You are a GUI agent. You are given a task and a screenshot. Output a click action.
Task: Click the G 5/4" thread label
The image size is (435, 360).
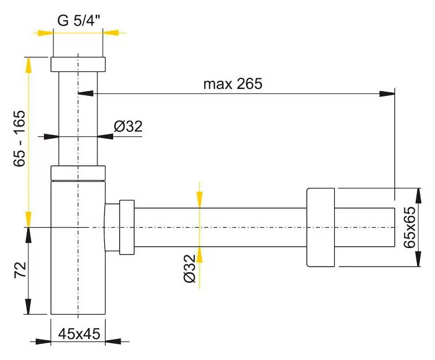pos(79,20)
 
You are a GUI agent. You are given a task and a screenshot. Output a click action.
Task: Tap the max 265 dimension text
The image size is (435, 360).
pos(233,84)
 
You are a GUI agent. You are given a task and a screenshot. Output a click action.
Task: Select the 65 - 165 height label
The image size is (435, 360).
pos(19,139)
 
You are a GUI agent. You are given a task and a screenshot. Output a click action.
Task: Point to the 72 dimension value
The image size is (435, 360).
pos(20,270)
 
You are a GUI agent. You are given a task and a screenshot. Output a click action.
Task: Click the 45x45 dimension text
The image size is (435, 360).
pos(79,334)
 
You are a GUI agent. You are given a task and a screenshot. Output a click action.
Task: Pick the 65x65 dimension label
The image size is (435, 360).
pos(409,227)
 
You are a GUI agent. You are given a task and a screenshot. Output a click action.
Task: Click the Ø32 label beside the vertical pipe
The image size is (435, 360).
pos(128,127)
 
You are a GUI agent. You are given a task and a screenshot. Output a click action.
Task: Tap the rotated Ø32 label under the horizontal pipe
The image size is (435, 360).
pos(190,268)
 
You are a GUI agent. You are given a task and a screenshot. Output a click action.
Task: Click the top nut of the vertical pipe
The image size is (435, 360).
pos(78,64)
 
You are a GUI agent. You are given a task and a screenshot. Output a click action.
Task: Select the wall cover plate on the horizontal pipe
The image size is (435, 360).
pos(321,227)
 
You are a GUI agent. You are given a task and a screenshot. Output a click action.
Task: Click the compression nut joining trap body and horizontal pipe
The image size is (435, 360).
pos(127,227)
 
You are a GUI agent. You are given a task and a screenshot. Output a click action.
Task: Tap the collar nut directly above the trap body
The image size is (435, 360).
pos(78,173)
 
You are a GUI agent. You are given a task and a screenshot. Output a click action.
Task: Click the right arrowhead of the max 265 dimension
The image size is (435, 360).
pos(387,93)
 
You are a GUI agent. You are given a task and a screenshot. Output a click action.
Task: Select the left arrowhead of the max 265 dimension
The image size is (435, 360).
pos(86,93)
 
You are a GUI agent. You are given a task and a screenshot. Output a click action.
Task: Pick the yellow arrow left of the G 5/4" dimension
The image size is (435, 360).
pos(45,33)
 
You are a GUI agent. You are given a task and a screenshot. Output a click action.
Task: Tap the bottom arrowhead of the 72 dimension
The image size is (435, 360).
pos(28,307)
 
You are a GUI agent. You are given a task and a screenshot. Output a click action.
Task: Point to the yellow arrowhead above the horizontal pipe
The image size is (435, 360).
pos(200,200)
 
